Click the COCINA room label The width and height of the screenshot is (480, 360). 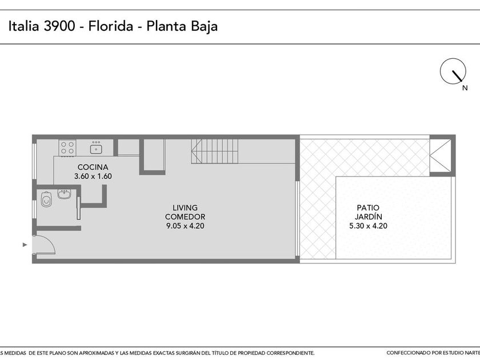pos(93,167)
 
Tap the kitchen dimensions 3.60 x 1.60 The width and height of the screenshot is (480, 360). pos(93,177)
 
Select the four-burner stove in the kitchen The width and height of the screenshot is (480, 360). pos(67,148)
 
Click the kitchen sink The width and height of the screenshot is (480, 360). pos(96,148)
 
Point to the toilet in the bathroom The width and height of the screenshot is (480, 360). pos(46,199)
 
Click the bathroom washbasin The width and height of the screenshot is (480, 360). pos(64,194)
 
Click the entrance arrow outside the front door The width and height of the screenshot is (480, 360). pos(25,245)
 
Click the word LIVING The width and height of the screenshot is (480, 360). pos(185,208)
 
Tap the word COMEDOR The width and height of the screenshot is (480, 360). pos(185,217)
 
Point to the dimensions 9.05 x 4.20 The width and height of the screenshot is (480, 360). pos(185,226)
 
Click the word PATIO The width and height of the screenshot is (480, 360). pos(368,208)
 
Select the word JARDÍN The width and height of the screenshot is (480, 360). pos(368,217)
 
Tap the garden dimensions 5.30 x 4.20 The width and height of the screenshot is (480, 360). pos(368,226)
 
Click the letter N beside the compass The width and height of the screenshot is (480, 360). pos(465,88)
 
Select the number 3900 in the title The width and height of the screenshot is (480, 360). pos(59,26)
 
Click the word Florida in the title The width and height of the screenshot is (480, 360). pos(111,26)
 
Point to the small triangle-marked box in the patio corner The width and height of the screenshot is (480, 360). pos(441,156)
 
